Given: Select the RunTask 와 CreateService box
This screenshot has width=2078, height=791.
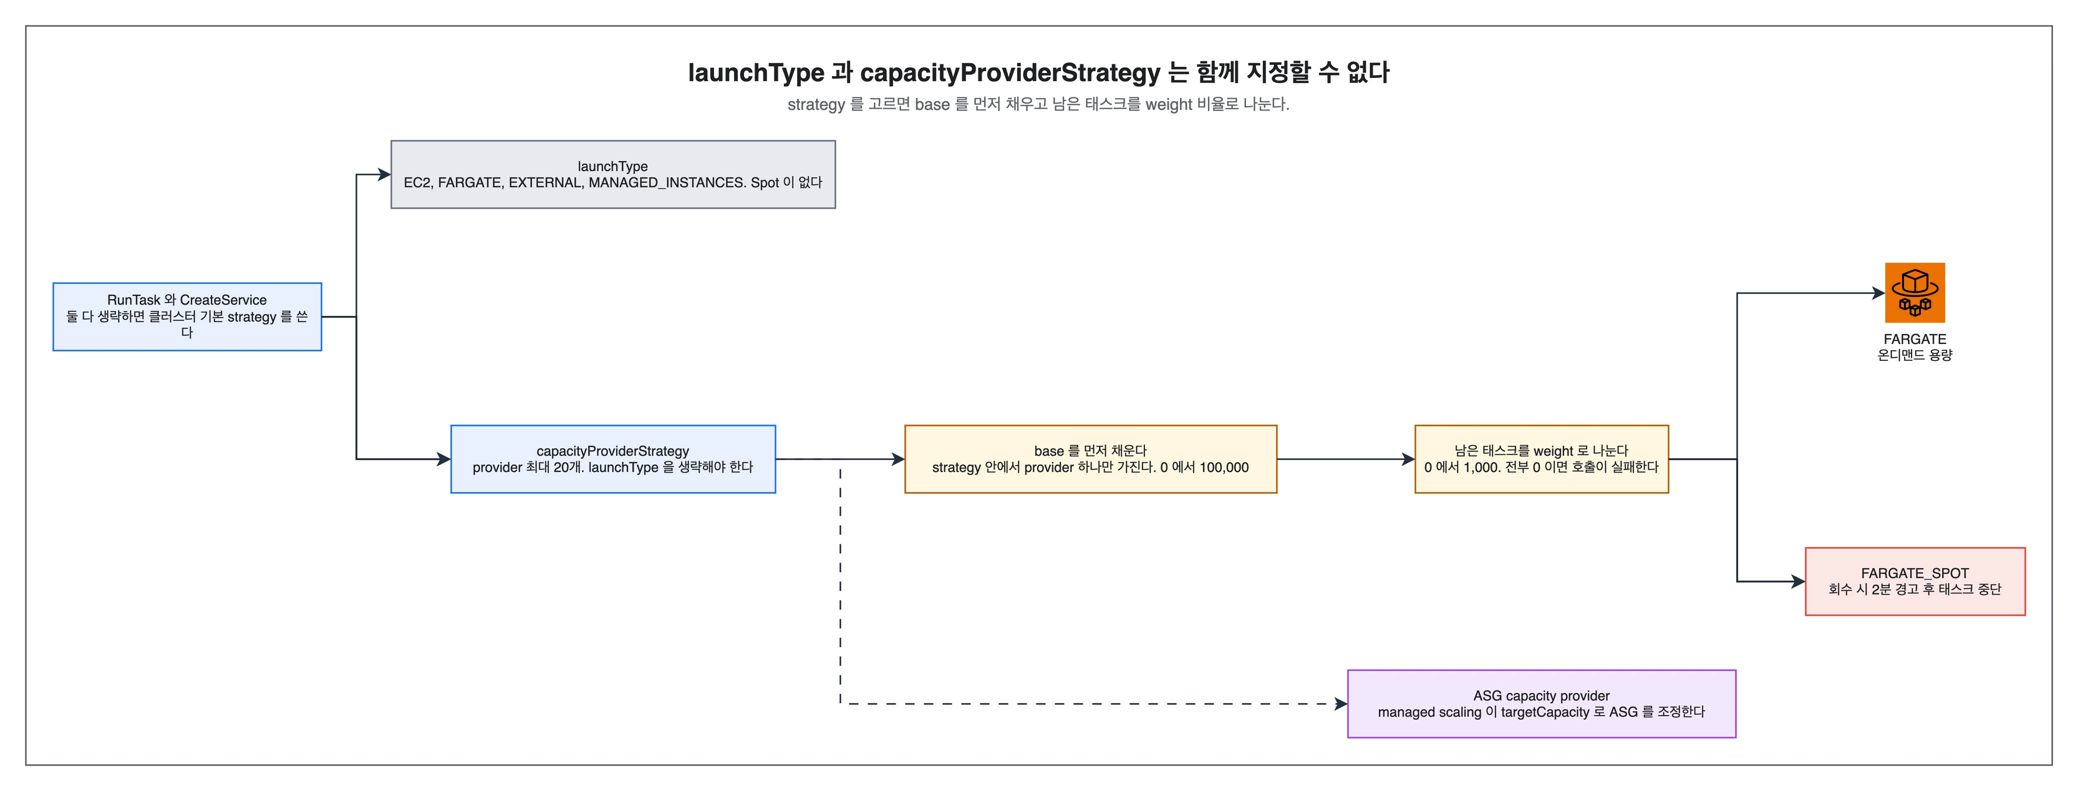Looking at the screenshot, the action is tap(187, 317).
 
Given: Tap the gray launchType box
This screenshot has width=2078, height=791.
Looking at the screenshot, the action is tap(613, 174).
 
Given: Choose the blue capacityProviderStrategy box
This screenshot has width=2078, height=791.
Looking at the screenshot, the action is tap(613, 459).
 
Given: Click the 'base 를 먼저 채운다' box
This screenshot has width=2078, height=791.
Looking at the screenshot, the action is tap(1091, 459).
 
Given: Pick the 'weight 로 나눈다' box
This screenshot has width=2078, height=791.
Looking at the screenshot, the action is tap(1542, 459).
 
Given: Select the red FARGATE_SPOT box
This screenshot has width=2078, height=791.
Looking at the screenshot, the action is tap(1915, 581).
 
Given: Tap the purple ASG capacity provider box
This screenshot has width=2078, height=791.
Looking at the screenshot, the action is tap(1542, 704).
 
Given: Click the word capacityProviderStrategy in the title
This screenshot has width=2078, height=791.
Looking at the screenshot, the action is tap(1010, 72).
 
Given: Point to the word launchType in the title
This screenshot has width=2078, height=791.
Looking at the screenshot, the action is tap(756, 72).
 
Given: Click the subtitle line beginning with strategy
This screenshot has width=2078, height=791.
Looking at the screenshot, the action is tap(1038, 105).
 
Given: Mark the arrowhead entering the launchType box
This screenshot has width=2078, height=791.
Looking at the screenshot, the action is tap(385, 174).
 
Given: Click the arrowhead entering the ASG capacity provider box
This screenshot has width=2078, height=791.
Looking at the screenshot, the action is tap(1341, 704).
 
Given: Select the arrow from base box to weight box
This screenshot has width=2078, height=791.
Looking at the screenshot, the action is tap(1346, 459).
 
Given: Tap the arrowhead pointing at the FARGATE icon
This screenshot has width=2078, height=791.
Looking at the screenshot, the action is tap(1878, 293).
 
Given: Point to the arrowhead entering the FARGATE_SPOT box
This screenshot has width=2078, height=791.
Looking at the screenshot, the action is tap(1799, 581).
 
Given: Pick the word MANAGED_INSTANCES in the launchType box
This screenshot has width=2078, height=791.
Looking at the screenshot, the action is tap(666, 183).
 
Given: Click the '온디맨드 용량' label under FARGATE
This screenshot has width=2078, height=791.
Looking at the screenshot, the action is tap(1915, 355).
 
